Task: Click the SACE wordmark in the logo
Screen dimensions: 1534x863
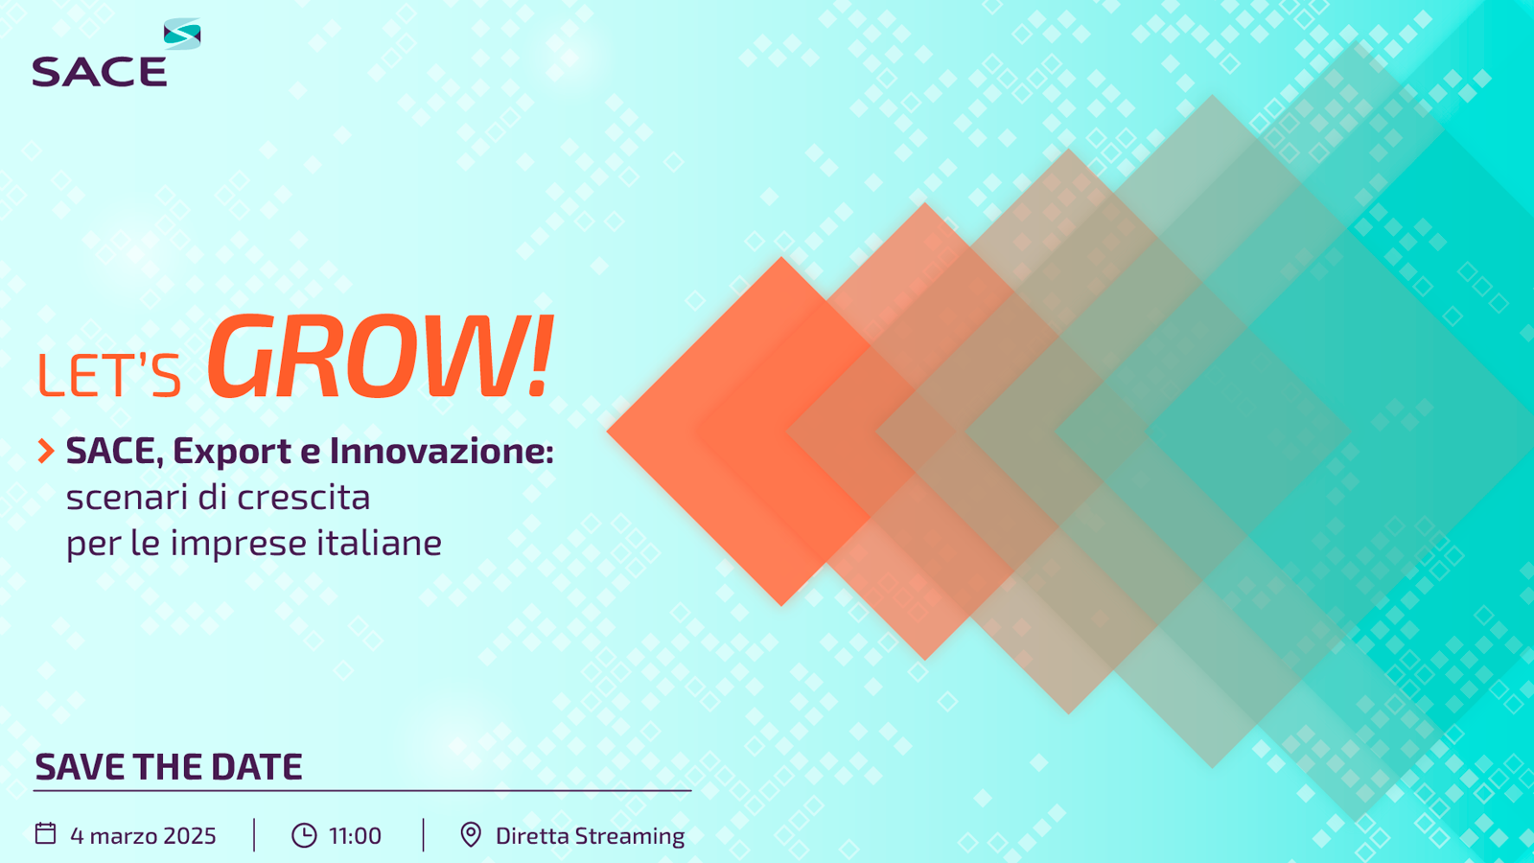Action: coord(100,72)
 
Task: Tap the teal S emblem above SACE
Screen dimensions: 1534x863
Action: coord(182,34)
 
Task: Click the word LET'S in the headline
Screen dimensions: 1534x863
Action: coord(109,375)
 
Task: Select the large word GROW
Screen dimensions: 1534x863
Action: coord(365,357)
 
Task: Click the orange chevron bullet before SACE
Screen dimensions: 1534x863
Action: coord(46,451)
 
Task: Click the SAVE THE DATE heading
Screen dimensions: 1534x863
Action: coord(169,767)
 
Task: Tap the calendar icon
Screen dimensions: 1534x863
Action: coord(45,833)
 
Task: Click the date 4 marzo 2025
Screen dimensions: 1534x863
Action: coord(143,835)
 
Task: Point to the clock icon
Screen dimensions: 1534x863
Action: coord(304,835)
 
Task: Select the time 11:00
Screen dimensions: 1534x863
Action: coord(355,835)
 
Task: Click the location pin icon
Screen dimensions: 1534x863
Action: coord(471,835)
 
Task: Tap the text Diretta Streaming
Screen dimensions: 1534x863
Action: coord(590,836)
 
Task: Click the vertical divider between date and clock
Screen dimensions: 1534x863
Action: coord(254,835)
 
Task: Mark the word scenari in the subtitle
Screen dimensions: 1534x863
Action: coord(128,498)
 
